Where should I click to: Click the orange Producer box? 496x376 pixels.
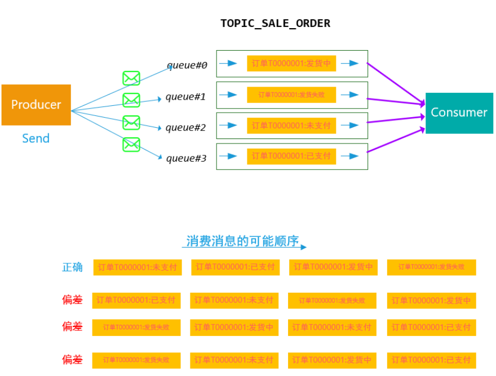tap(36, 105)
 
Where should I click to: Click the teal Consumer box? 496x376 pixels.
tap(459, 113)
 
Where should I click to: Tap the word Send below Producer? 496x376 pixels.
tap(36, 138)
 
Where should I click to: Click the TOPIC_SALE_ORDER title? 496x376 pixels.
tap(275, 24)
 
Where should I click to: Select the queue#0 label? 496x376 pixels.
tap(187, 65)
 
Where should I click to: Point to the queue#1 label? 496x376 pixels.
tap(185, 97)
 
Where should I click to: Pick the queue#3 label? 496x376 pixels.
tap(186, 159)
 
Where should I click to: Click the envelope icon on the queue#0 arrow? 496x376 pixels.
tap(131, 78)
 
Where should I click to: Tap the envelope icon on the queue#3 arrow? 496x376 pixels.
tap(131, 145)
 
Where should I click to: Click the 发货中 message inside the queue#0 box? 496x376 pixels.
tap(291, 64)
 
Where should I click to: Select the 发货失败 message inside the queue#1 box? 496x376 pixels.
tap(291, 95)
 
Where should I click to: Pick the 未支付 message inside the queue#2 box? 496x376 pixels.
tap(291, 126)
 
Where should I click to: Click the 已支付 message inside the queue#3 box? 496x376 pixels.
tap(291, 156)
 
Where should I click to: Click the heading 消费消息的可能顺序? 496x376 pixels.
tap(242, 241)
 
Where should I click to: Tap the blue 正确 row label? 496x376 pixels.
tap(72, 267)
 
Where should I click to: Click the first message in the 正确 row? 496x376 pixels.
tap(138, 267)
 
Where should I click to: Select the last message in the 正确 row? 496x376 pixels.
tap(431, 267)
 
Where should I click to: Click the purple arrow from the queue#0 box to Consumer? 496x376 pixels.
tap(395, 83)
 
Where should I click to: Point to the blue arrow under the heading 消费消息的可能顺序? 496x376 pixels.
tap(245, 248)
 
